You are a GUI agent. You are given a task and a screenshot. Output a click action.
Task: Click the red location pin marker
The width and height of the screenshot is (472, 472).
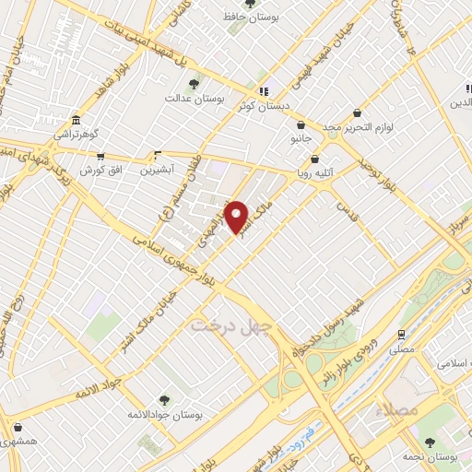tap(237, 217)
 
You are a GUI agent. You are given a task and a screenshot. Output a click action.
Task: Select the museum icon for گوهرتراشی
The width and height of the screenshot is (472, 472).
tap(75, 122)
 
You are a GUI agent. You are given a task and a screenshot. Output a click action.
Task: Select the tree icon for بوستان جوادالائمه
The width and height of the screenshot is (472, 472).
tap(164, 400)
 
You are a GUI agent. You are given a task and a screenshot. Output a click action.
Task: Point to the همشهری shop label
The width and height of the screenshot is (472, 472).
tap(19, 442)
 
